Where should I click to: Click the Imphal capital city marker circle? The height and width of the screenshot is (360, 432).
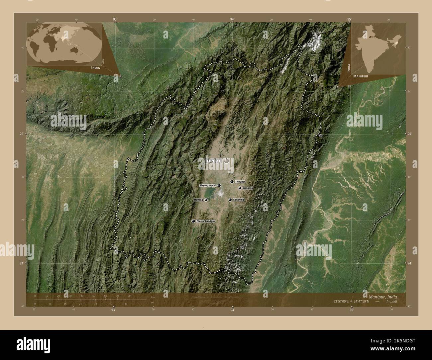227,161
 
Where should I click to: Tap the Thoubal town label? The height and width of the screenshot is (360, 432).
240,182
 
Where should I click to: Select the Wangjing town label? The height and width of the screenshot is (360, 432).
248,188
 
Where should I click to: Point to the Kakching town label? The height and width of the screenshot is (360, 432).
238,200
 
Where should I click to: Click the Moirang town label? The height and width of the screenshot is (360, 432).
198,200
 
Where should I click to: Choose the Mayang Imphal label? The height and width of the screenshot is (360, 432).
208,185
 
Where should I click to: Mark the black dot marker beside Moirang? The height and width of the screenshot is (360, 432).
206,200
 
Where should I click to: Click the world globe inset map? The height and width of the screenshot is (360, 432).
65,44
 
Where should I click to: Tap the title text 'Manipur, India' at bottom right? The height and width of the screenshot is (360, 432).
382,296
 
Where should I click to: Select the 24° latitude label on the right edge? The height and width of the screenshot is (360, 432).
409,263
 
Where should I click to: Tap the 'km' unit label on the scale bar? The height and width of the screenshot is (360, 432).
153,297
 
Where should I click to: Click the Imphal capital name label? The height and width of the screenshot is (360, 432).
213,161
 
